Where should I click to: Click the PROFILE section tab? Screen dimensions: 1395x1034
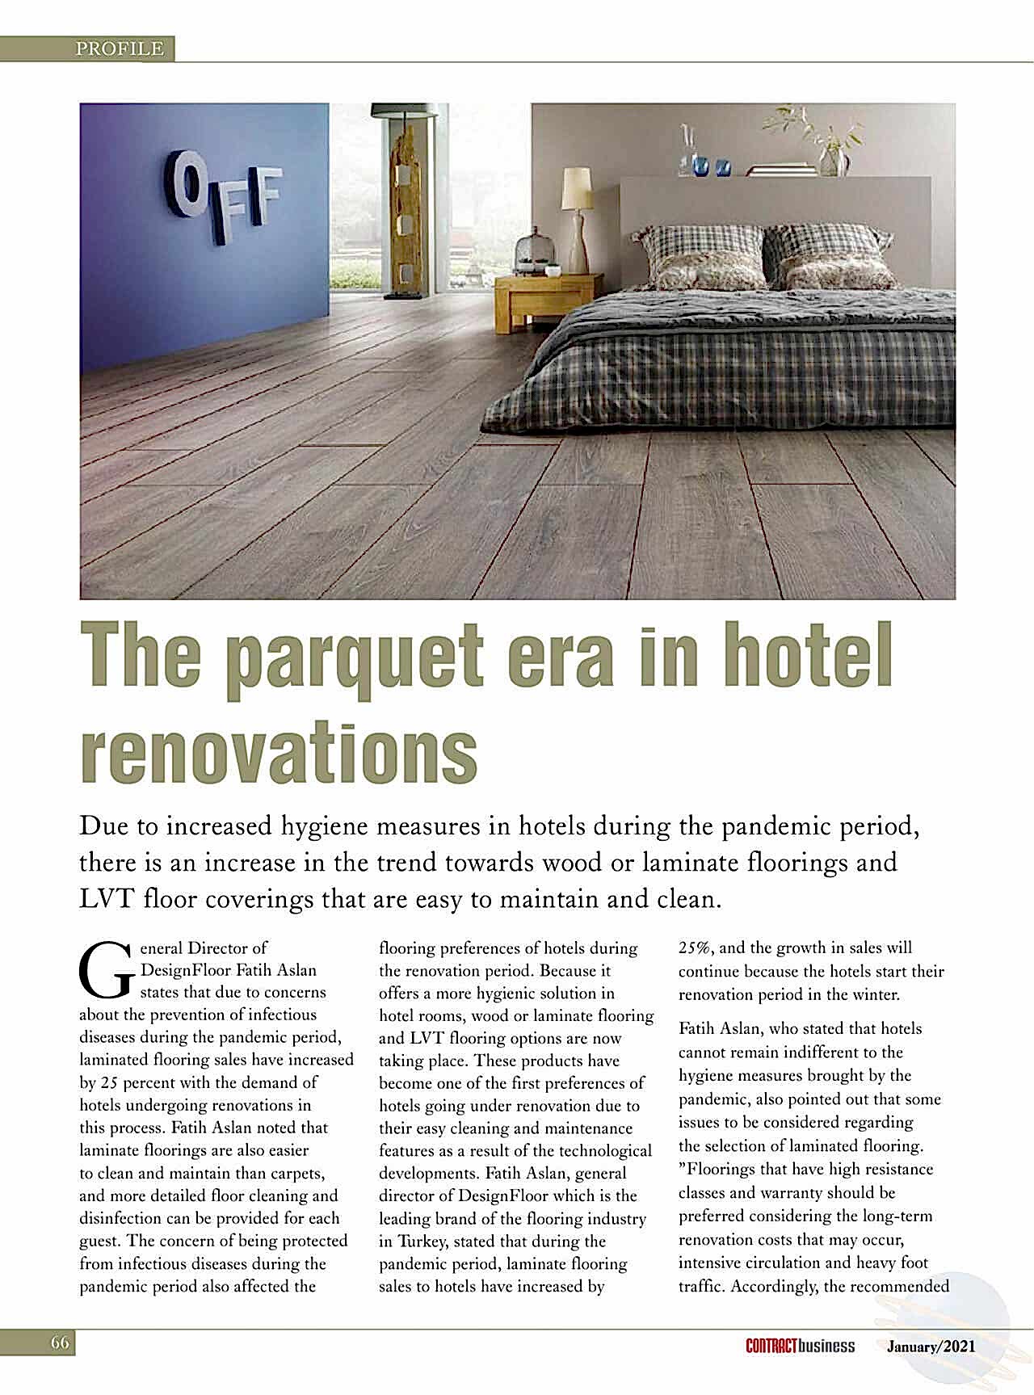pos(120,49)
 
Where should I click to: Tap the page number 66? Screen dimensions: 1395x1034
pos(60,1343)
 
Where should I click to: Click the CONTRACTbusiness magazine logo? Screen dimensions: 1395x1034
pos(800,1346)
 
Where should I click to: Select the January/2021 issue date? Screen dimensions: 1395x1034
pos(931,1347)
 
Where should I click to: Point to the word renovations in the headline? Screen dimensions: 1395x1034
pos(279,751)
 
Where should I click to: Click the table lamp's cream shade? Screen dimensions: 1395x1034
pos(577,188)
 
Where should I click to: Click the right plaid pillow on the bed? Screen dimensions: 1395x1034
pos(830,257)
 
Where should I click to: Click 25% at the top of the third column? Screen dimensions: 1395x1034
pos(696,948)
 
